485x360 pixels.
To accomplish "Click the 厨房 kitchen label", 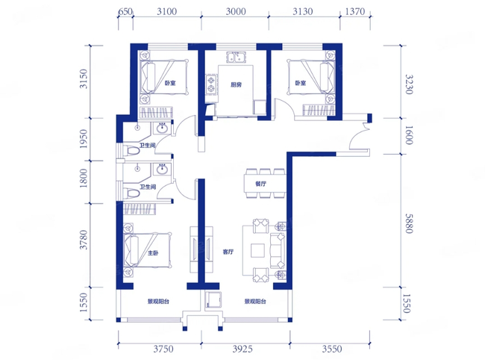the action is [x=236, y=84].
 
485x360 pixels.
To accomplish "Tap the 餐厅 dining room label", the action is [x=260, y=184].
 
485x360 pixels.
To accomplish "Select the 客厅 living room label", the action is [x=228, y=252].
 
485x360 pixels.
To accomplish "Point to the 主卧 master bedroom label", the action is [x=153, y=253].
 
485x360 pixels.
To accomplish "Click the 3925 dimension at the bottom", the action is [x=242, y=349].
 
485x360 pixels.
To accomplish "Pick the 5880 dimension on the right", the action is [x=409, y=223].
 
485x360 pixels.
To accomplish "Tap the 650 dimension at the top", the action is [x=125, y=11].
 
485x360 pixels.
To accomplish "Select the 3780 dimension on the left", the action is [x=84, y=240].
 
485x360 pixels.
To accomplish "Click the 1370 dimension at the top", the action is [x=355, y=11].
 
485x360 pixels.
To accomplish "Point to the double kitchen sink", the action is [x=236, y=57].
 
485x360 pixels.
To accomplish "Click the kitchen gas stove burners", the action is [x=212, y=84].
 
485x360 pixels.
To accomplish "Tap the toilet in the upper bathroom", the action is [x=132, y=151].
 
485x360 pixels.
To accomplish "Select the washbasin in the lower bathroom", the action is [x=162, y=170].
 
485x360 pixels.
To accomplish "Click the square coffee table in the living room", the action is [x=257, y=250].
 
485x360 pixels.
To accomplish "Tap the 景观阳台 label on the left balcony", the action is [x=158, y=301].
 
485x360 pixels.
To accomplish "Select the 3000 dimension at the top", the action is [x=236, y=11].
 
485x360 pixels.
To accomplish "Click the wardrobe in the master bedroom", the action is [x=140, y=209].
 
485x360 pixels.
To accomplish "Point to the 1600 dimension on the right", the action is [x=409, y=135].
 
